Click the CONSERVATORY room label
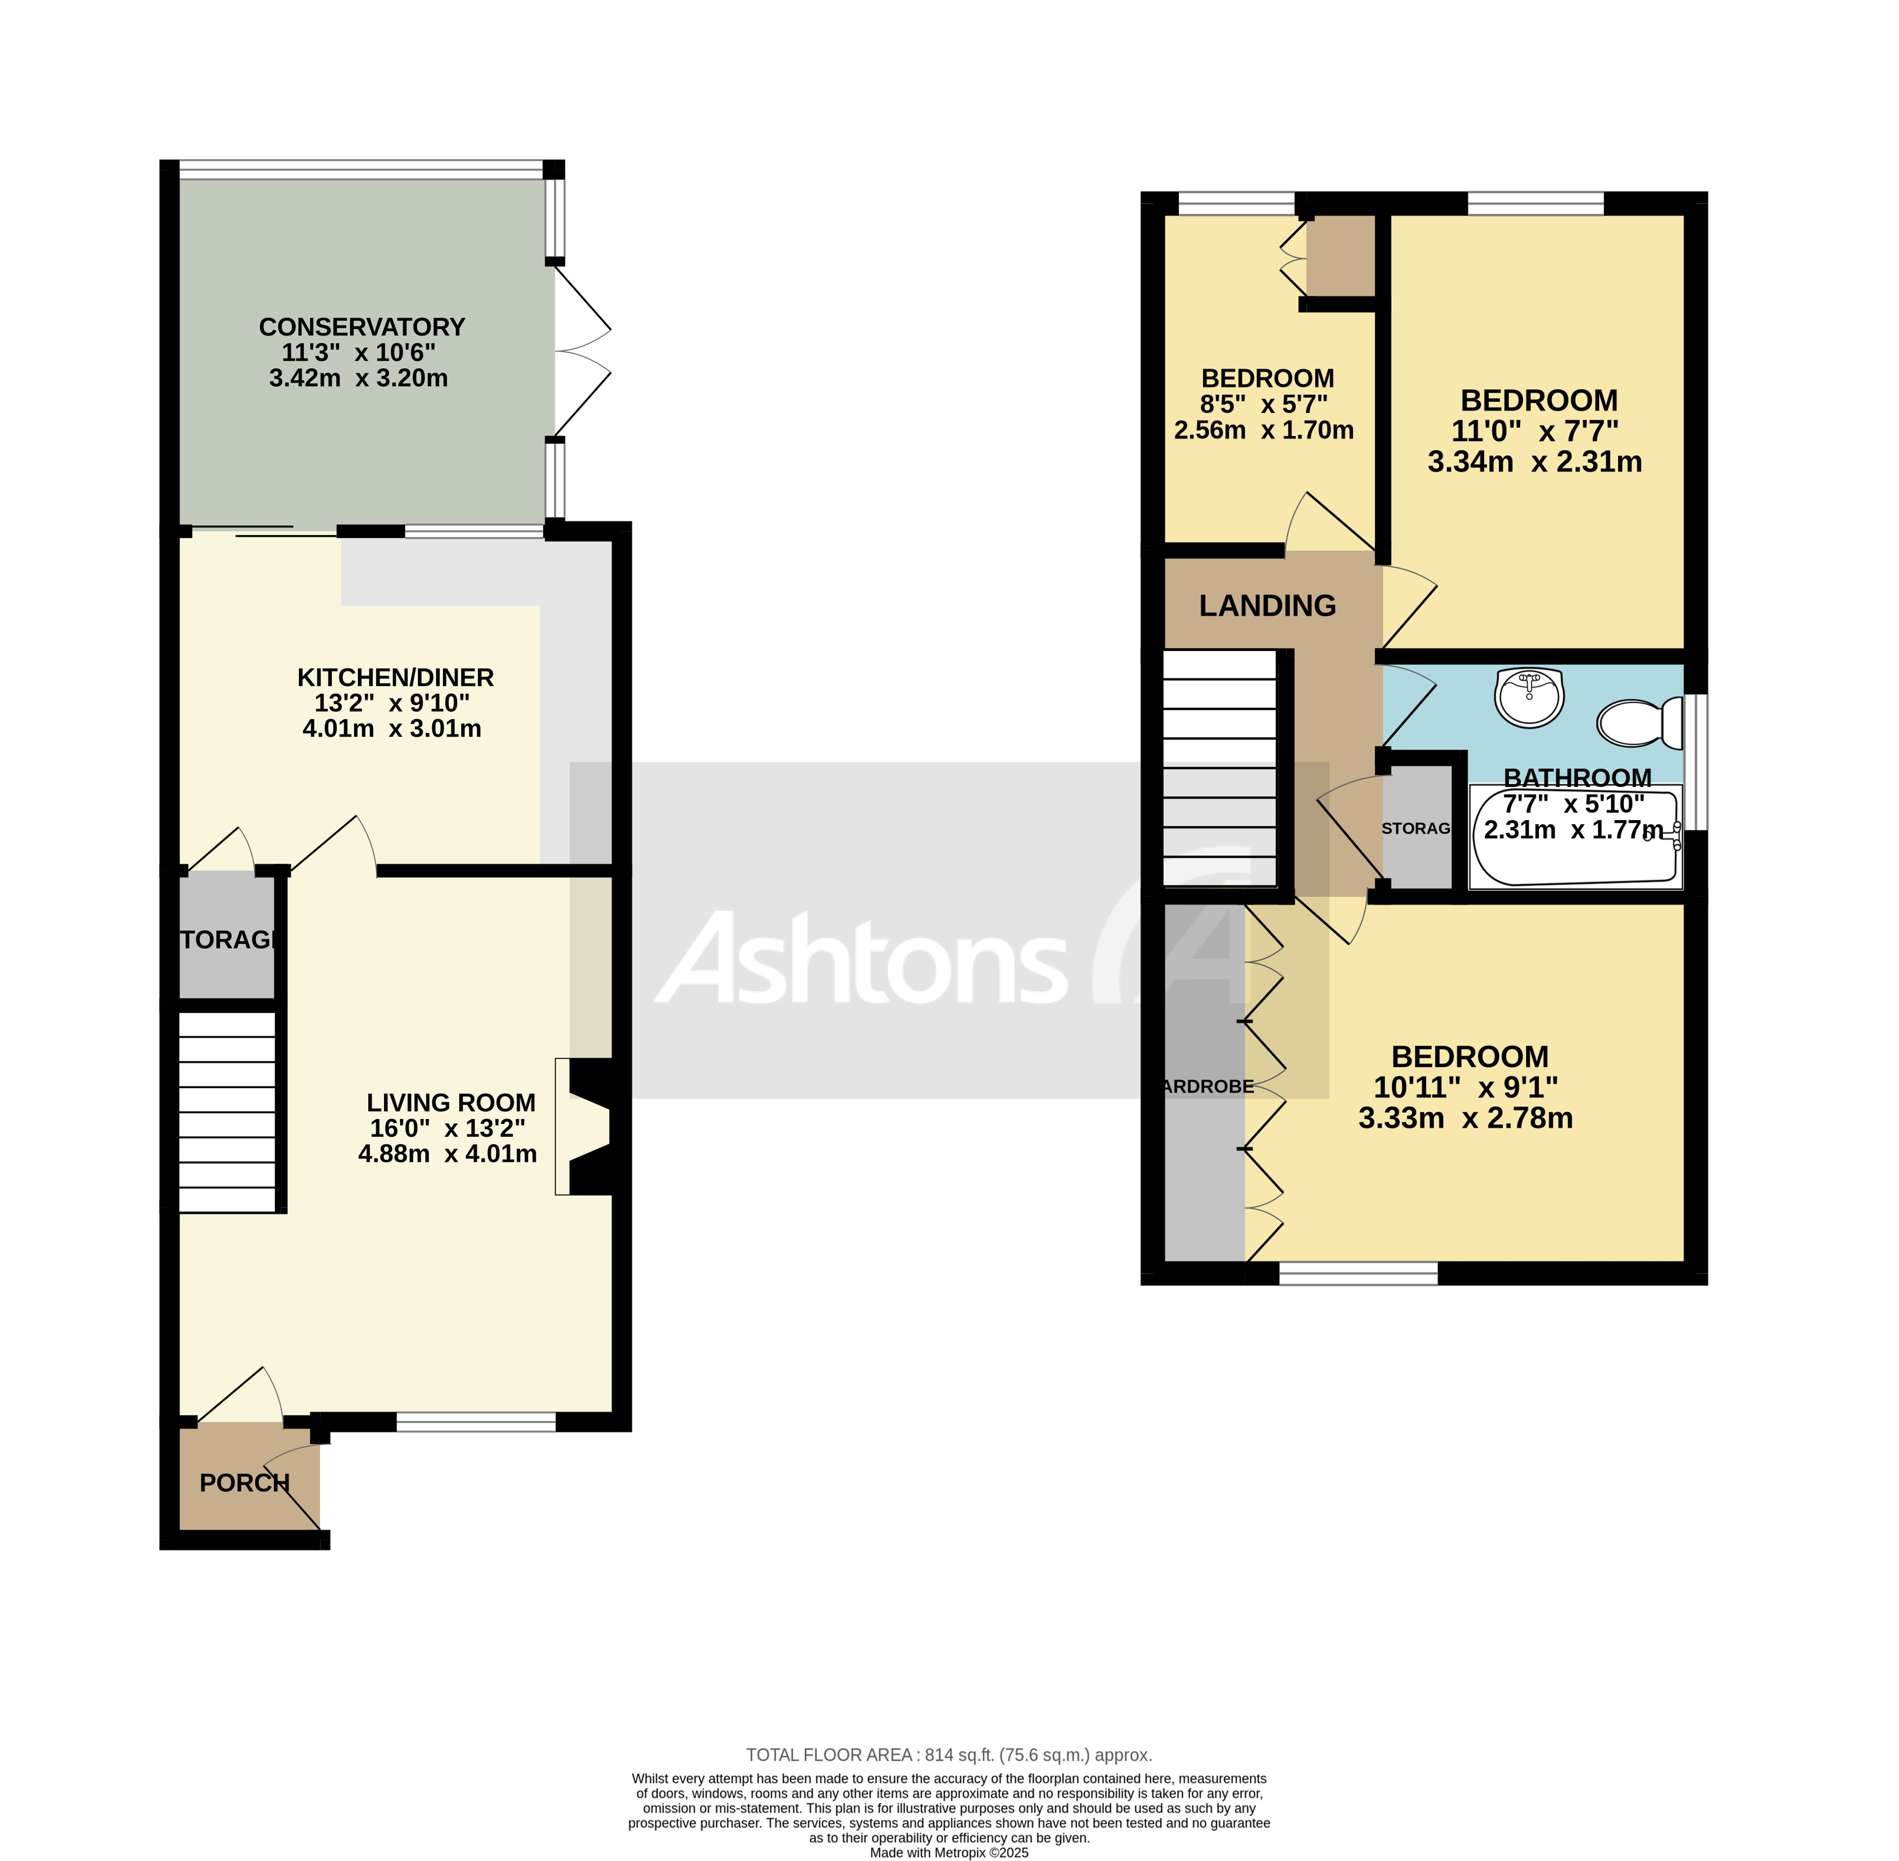362,327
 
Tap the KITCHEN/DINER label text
395,678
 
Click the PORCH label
244,1483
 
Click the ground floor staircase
227,1112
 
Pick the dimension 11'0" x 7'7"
1535,431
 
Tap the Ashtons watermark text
860,958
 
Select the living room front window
476,1422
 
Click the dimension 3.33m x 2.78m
1465,1118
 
